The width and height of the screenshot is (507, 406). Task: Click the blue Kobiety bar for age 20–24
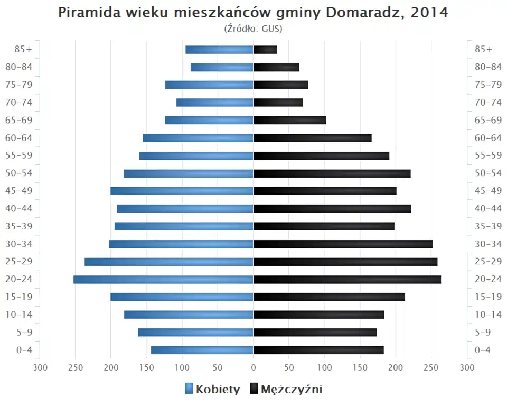click(163, 279)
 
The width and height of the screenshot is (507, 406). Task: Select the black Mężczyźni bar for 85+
click(265, 50)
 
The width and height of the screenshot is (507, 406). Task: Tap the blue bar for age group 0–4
click(202, 350)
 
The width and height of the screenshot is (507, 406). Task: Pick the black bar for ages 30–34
click(343, 244)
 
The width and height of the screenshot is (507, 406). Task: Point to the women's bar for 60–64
click(198, 138)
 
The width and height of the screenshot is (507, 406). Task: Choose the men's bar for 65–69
click(289, 120)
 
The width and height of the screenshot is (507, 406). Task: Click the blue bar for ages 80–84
click(222, 67)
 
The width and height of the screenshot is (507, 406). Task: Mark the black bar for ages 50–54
click(332, 173)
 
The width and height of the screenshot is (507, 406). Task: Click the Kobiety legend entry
click(212, 390)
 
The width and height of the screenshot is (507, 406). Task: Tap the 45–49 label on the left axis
click(19, 191)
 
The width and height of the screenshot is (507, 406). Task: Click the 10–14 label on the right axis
click(488, 315)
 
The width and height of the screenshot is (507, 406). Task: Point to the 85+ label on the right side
click(483, 50)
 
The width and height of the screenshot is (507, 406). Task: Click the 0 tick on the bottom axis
click(253, 368)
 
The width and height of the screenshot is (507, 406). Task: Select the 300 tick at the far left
click(40, 368)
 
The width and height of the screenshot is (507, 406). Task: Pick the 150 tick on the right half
click(360, 368)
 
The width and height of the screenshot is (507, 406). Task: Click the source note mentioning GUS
click(253, 29)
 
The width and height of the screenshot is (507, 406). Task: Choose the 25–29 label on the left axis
click(19, 262)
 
